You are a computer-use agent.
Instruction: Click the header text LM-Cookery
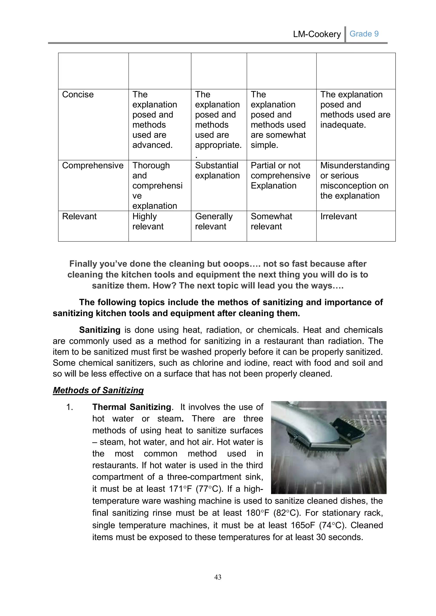tap(317, 34)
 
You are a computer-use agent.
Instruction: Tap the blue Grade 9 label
tap(364, 34)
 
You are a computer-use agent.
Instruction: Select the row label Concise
tap(78, 94)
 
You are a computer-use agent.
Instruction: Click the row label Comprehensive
tap(93, 165)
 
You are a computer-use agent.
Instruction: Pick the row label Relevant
tap(79, 216)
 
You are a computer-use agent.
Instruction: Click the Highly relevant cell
tap(148, 221)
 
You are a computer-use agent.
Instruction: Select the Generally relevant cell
tap(214, 221)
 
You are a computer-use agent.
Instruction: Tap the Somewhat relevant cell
tap(271, 221)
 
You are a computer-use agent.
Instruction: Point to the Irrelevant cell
tap(338, 216)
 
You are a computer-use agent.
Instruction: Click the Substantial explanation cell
tap(217, 170)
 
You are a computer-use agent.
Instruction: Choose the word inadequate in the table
tap(343, 125)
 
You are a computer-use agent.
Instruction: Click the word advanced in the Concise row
tap(152, 145)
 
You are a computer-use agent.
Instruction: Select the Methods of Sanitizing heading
tap(98, 390)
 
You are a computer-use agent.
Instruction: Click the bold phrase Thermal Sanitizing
tap(132, 407)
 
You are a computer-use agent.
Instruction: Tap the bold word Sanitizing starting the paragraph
tap(100, 330)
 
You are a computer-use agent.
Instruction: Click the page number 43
tap(218, 577)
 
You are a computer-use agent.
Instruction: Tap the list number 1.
tap(70, 407)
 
